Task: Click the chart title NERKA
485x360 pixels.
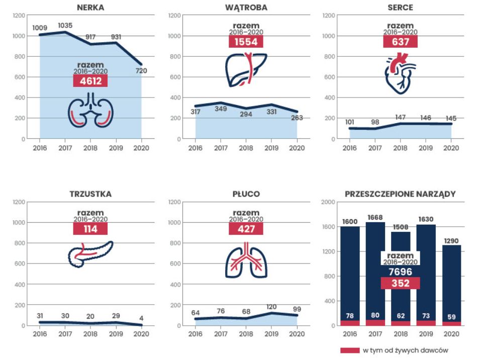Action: pos(90,8)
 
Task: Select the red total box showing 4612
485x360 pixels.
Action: pos(90,81)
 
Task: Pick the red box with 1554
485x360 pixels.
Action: pos(246,42)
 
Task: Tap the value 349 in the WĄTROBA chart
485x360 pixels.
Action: pos(221,109)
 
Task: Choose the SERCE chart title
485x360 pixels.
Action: pos(401,8)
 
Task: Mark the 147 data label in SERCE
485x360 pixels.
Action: pos(401,117)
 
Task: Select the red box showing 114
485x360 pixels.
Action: pos(90,229)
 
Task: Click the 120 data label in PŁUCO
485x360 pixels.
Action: pos(271,307)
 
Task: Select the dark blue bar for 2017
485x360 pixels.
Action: pos(375,272)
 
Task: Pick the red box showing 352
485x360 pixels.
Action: pos(401,283)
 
